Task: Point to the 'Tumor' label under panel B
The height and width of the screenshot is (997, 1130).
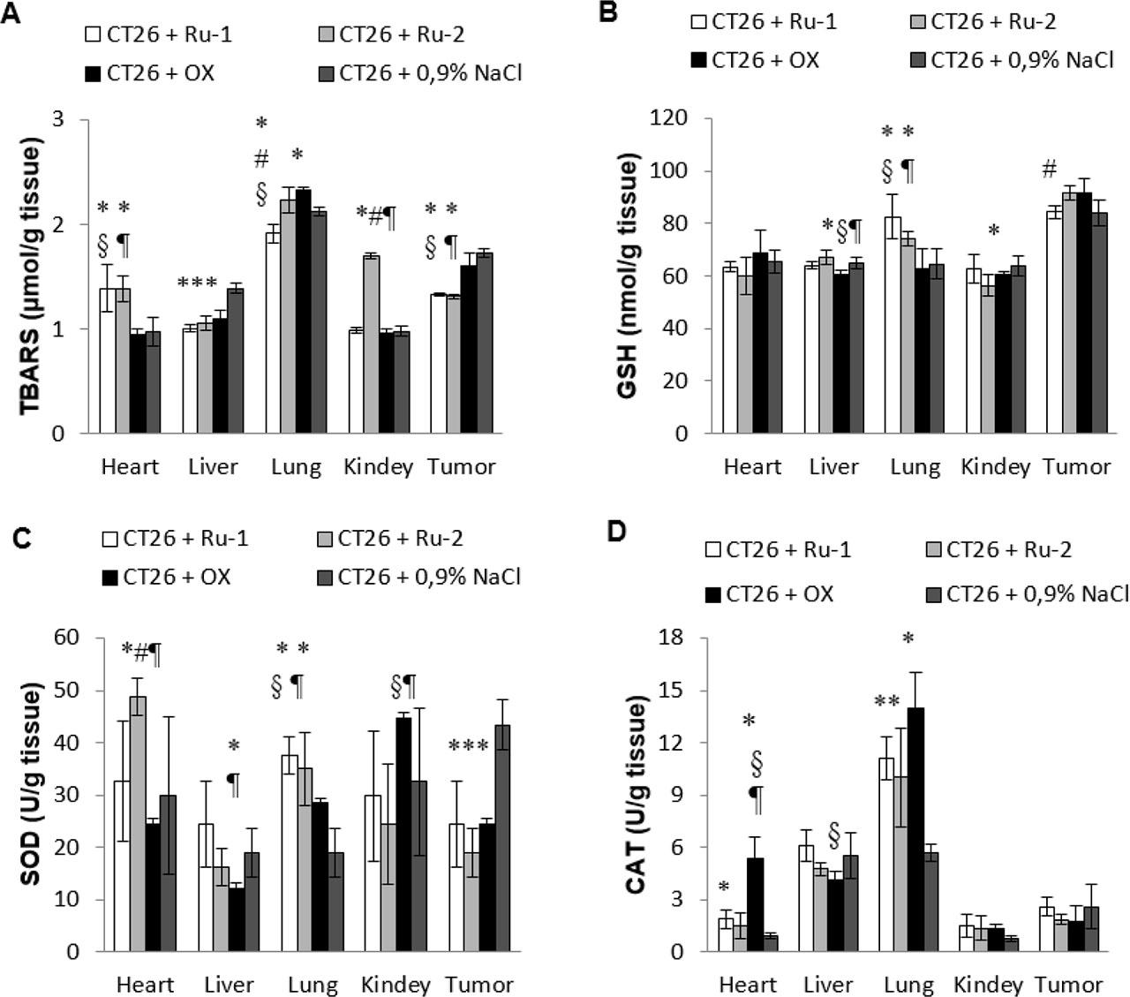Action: pos(1076,466)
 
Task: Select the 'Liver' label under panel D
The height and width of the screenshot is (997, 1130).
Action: pos(828,984)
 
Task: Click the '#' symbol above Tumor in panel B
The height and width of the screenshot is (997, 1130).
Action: pos(1049,169)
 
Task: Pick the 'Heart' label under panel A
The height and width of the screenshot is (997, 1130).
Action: pos(130,466)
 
